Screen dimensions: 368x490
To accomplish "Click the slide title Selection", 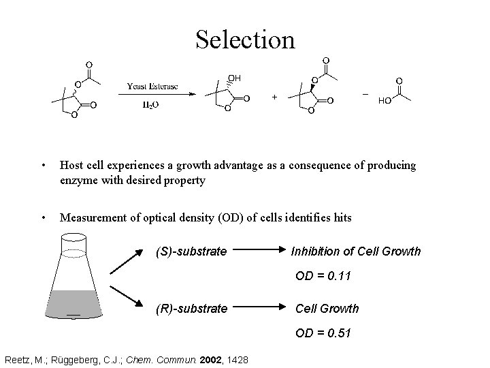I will pyautogui.click(x=245, y=39).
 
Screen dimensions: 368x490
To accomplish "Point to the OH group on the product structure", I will pyautogui.click(x=233, y=78).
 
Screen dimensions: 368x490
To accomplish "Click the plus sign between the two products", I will pyautogui.click(x=274, y=97).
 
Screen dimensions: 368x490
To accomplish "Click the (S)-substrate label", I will pyautogui.click(x=192, y=251).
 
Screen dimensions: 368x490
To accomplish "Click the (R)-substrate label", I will pyautogui.click(x=192, y=309).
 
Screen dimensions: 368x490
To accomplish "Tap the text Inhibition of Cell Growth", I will pyautogui.click(x=356, y=251).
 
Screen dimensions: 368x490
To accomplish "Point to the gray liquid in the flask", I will pyautogui.click(x=73, y=303).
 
